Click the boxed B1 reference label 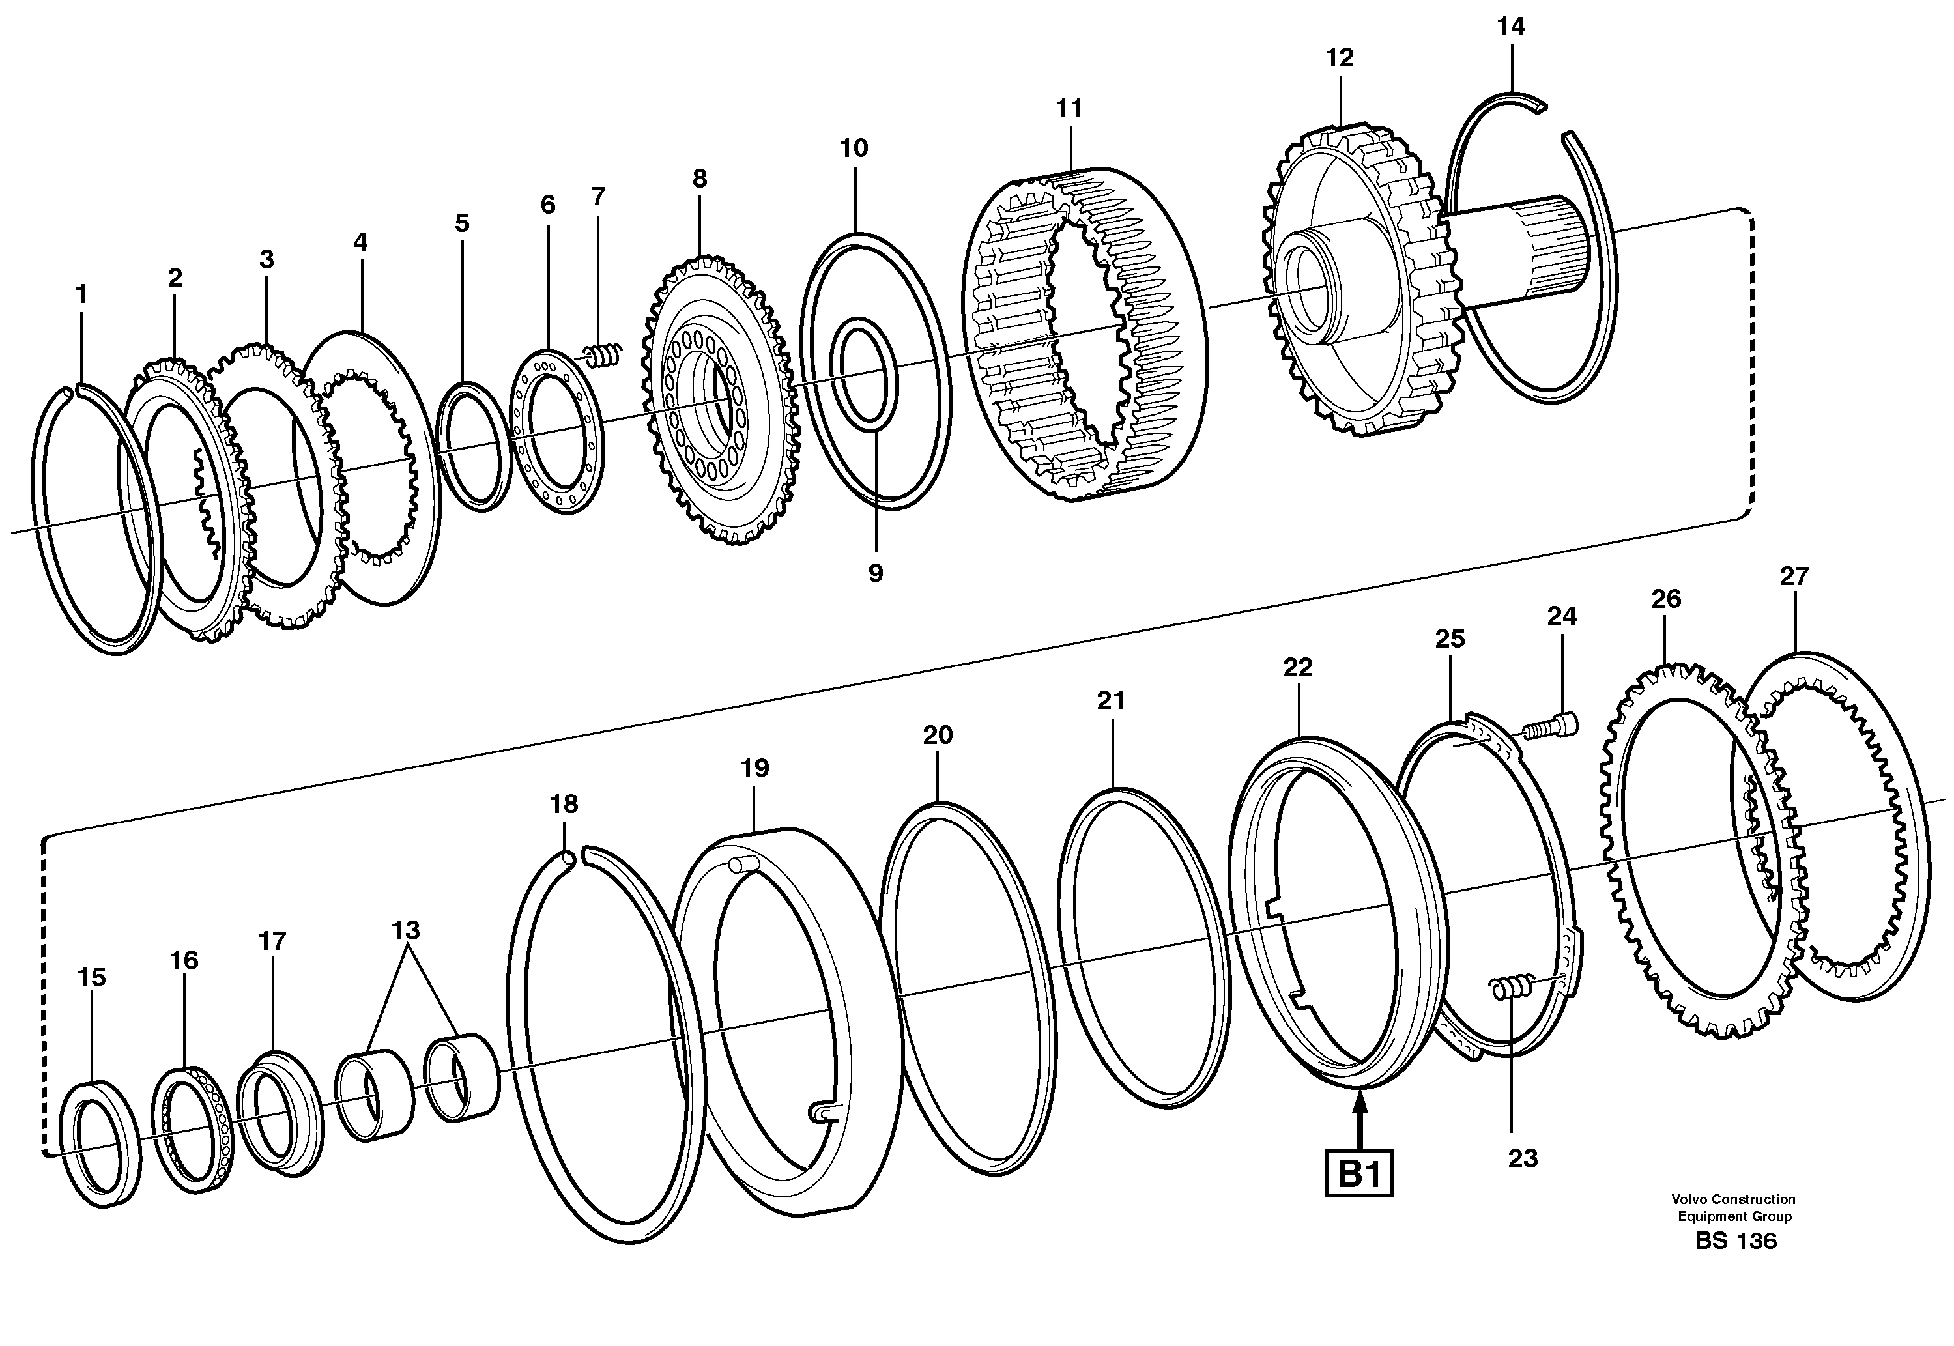pyautogui.click(x=1359, y=1173)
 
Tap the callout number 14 pyautogui.click(x=1510, y=27)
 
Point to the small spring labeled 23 pyautogui.click(x=1511, y=988)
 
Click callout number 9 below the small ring pyautogui.click(x=876, y=573)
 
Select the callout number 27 pyautogui.click(x=1794, y=576)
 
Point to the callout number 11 pyautogui.click(x=1069, y=109)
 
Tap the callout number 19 pyautogui.click(x=754, y=768)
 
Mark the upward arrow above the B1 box pyautogui.click(x=1359, y=1118)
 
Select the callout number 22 pyautogui.click(x=1298, y=668)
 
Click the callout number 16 pyautogui.click(x=184, y=960)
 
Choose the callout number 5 pyautogui.click(x=461, y=223)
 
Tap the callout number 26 pyautogui.click(x=1665, y=599)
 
